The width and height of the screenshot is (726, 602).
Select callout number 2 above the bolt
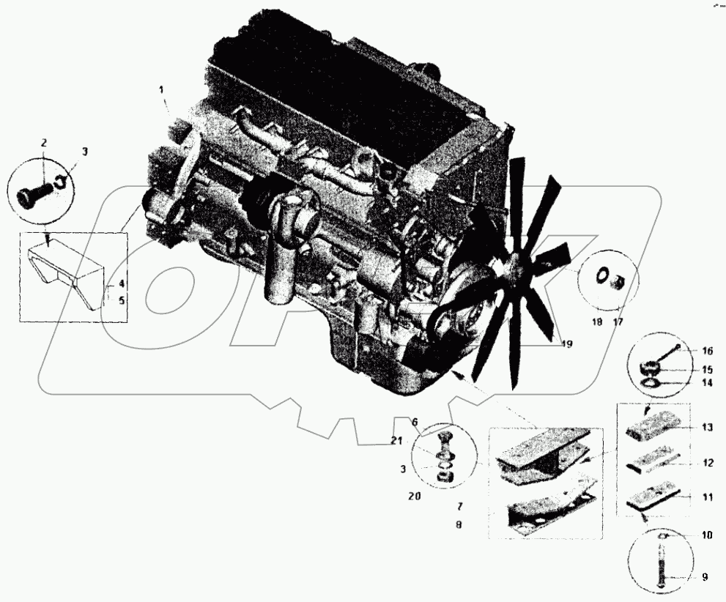pos(43,144)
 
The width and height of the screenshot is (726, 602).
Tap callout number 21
pos(396,441)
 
